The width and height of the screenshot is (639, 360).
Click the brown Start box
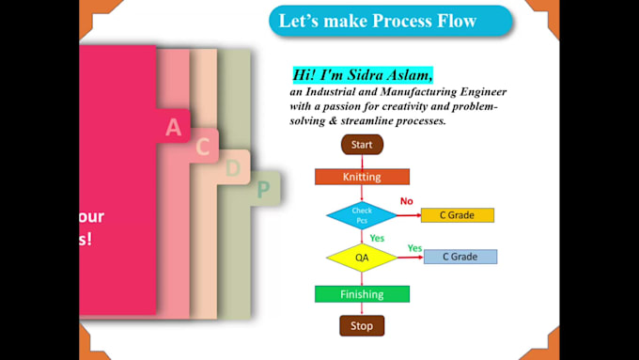pyautogui.click(x=362, y=145)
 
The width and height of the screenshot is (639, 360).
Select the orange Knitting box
pyautogui.click(x=362, y=177)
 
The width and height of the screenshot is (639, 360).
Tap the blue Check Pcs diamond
pyautogui.click(x=362, y=215)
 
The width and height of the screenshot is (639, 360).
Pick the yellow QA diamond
pyautogui.click(x=362, y=257)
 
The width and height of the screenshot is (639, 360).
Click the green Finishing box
pyautogui.click(x=362, y=294)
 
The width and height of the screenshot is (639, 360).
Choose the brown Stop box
pyautogui.click(x=362, y=326)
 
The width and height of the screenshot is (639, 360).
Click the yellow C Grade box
pyautogui.click(x=458, y=215)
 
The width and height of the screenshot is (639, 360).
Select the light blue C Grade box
pyautogui.click(x=460, y=257)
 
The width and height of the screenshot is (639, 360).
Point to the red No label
pyautogui.click(x=406, y=201)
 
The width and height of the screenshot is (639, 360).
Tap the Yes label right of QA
pyautogui.click(x=414, y=248)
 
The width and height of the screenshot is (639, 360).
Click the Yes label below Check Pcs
pyautogui.click(x=377, y=238)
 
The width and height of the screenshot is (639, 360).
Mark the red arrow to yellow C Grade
pyautogui.click(x=409, y=215)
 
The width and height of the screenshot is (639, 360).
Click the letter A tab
pyautogui.click(x=173, y=127)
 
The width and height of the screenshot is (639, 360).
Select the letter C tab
pyautogui.click(x=202, y=147)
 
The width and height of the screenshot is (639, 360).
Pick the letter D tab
pyautogui.click(x=233, y=168)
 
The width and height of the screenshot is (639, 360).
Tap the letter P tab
pyautogui.click(x=264, y=190)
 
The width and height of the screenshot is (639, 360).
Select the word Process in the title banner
pyautogui.click(x=376, y=21)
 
